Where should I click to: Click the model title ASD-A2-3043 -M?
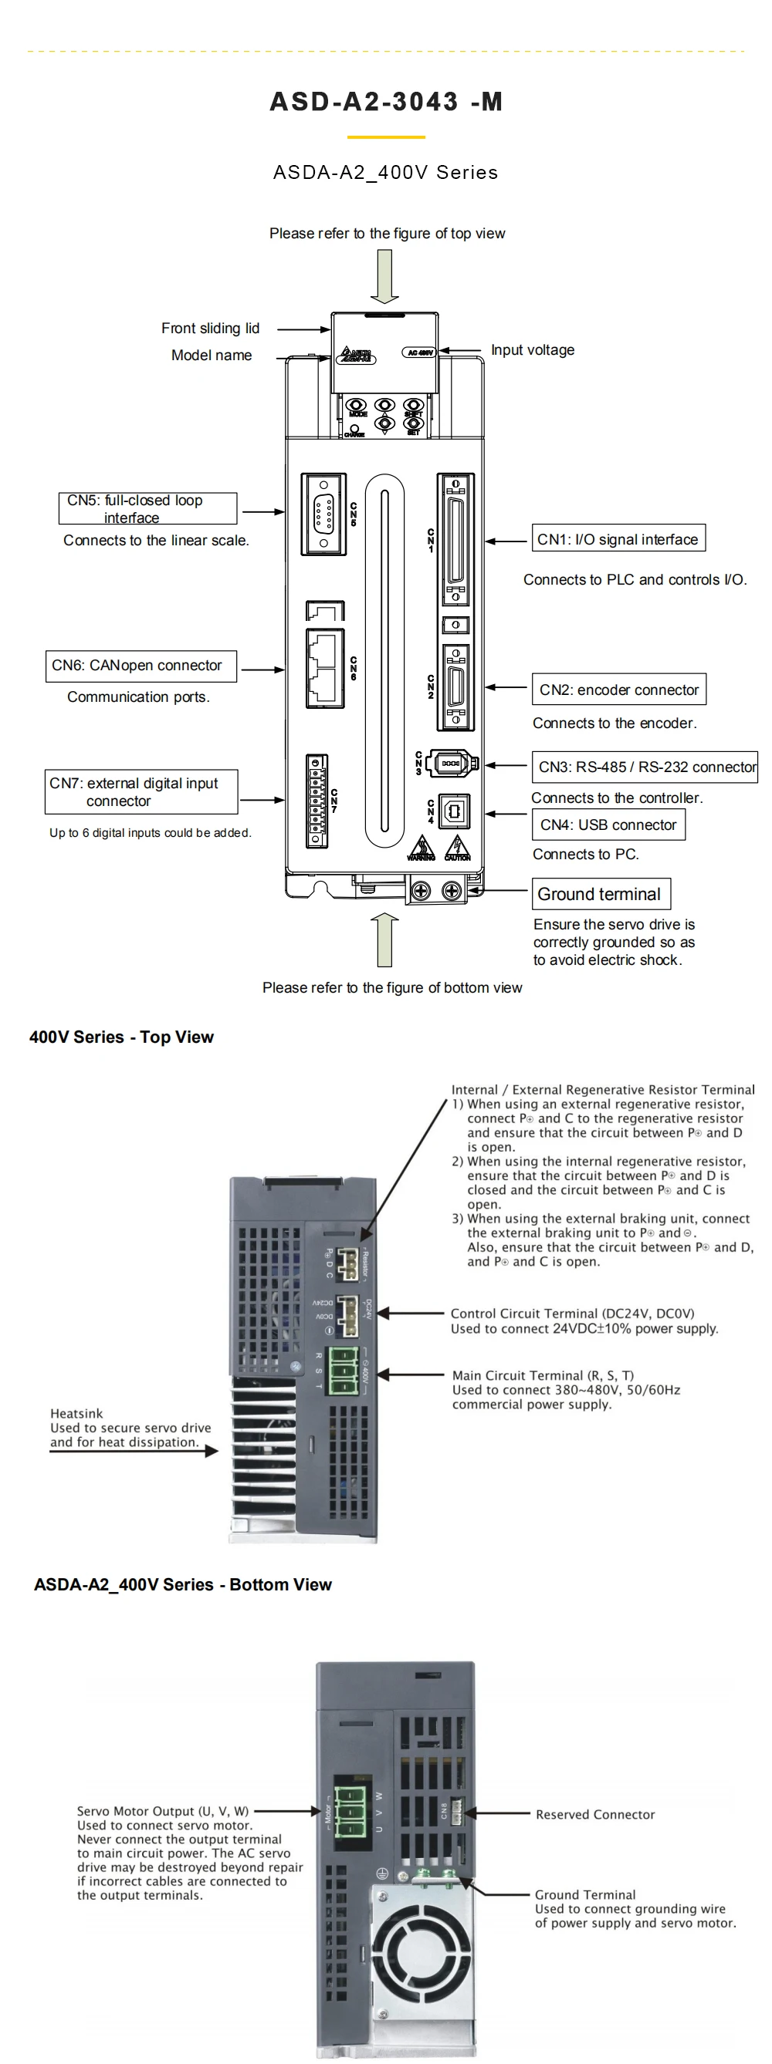coord(385,102)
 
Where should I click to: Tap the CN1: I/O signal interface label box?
coord(618,538)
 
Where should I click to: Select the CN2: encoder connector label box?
coord(618,689)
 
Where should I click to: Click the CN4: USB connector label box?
coord(608,825)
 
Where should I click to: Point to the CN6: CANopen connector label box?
coord(141,666)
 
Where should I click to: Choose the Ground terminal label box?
coord(601,893)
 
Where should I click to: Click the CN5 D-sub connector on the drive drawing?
coord(323,514)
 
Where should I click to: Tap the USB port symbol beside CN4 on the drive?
coord(454,811)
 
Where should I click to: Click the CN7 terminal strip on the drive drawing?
coord(317,801)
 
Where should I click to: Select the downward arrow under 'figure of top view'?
coord(384,275)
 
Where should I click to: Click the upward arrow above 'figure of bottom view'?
coord(384,939)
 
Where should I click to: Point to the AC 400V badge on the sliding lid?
coord(419,352)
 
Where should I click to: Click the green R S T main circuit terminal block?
coord(343,1370)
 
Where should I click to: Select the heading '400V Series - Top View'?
coord(121,1037)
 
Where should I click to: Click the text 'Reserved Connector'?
coord(595,1814)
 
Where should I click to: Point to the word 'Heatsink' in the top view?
coord(76,1413)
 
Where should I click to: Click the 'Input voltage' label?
coord(533,350)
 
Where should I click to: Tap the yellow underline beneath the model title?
coord(385,137)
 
